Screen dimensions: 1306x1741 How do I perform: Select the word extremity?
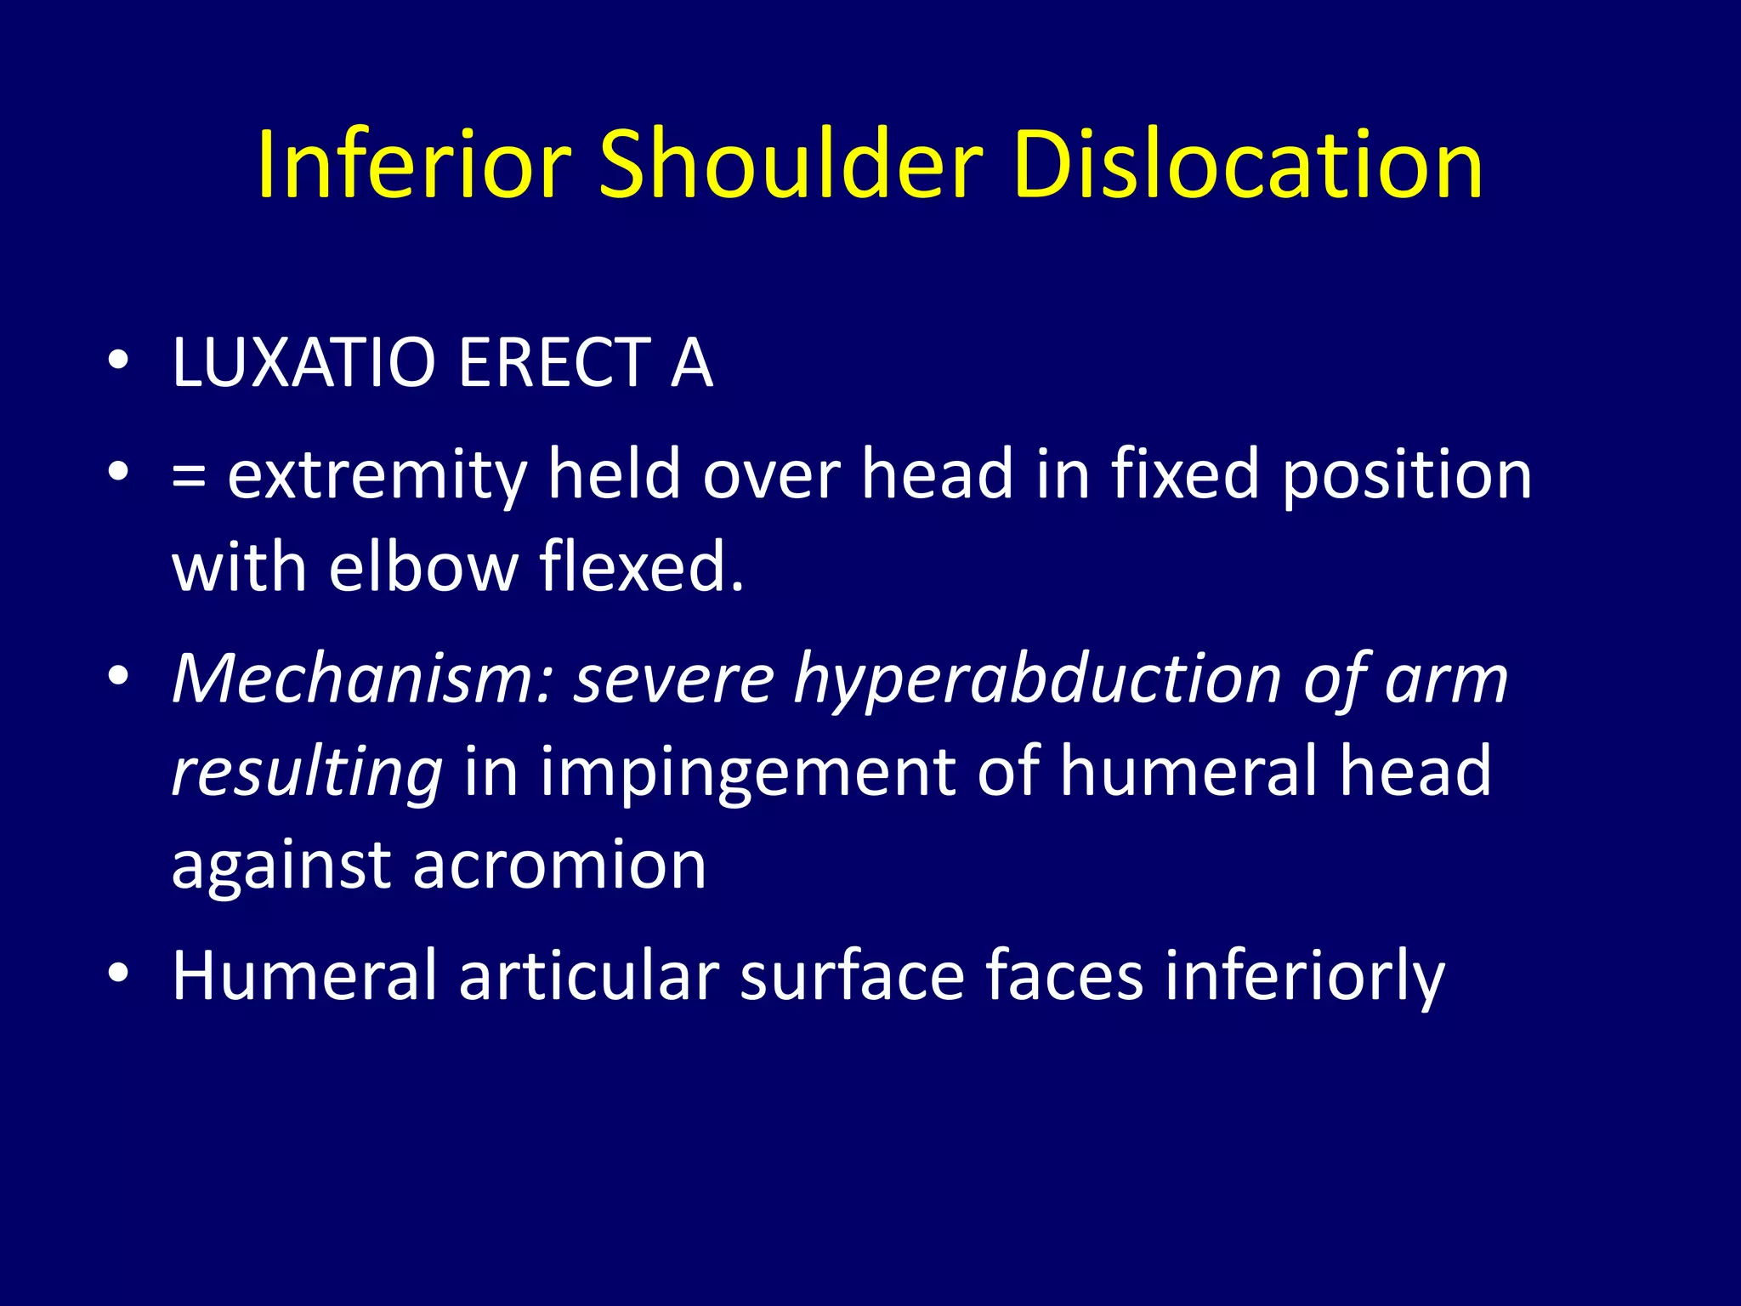[377, 476]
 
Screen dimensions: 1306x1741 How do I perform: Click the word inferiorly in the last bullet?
[1304, 978]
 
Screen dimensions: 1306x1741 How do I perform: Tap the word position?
[1407, 476]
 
